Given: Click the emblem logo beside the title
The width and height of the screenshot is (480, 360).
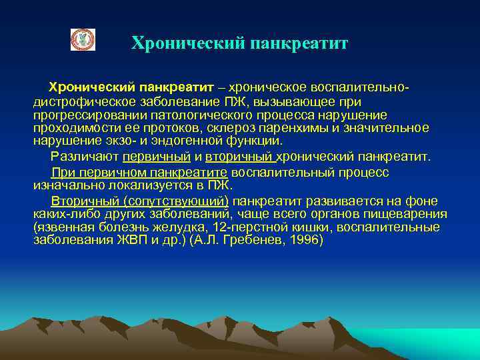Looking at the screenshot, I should [83, 40].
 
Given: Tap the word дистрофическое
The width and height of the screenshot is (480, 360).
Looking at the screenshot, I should [75, 102].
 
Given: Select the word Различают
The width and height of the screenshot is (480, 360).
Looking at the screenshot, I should [84, 157].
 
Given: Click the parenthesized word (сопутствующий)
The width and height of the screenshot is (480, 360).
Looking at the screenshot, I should [175, 201].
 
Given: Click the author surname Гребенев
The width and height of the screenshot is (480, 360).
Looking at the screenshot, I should [247, 239].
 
